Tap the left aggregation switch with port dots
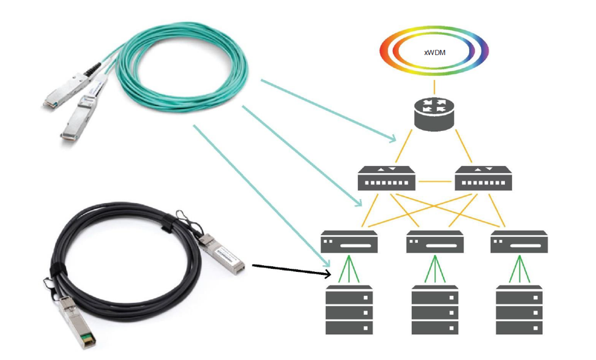coord(387,179)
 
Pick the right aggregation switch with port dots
coord(483,179)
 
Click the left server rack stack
coord(349,309)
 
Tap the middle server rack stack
coord(434,309)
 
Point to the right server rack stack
coord(519,309)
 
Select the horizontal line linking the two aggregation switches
coord(435,181)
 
